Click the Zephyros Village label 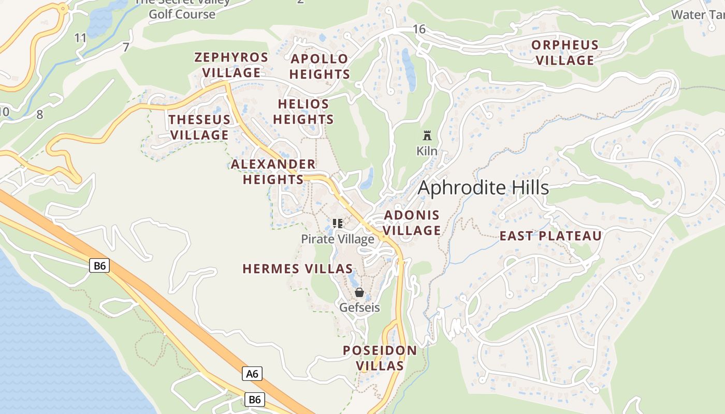(x=231, y=65)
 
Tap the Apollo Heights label (x=320, y=66)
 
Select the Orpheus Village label (x=565, y=53)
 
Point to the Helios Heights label (x=303, y=112)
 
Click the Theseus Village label (x=199, y=127)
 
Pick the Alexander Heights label (x=273, y=172)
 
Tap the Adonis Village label (x=412, y=223)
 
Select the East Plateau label (x=550, y=236)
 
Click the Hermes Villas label (x=298, y=269)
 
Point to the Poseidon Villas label (x=380, y=358)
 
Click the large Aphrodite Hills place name (x=483, y=188)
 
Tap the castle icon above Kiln (x=427, y=136)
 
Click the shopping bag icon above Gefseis (x=359, y=292)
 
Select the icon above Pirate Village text (x=338, y=224)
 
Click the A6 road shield (x=252, y=373)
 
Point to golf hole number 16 (x=419, y=29)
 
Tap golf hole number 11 (x=80, y=38)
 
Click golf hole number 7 (x=126, y=48)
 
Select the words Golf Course (x=182, y=14)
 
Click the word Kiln (x=427, y=151)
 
